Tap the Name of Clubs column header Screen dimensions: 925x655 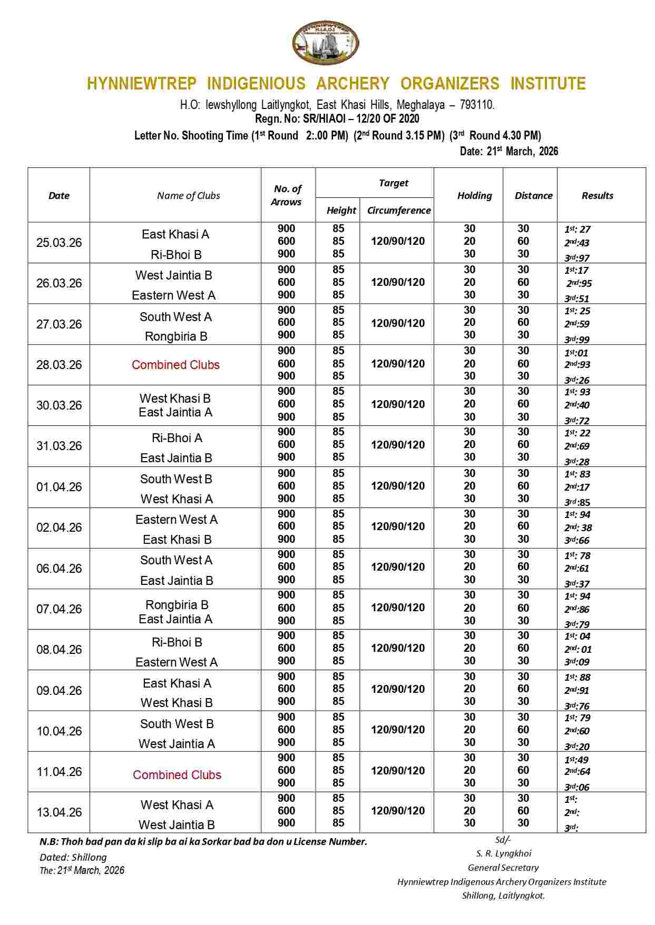pos(188,195)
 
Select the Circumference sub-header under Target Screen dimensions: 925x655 pos(398,210)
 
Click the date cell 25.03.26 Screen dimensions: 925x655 pos(59,243)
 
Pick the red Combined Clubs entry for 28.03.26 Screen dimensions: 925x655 pos(175,365)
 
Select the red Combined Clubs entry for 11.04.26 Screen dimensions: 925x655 pos(177,775)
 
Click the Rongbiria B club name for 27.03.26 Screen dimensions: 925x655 pos(176,336)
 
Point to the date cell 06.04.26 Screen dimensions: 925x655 pos(59,569)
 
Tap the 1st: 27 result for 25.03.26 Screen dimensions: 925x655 pos(578,229)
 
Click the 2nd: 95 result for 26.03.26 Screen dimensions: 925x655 pos(579,283)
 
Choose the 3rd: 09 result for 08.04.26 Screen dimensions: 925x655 pos(577,662)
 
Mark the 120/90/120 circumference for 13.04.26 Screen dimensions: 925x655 pos(398,811)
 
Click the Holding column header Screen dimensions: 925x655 pos(474,195)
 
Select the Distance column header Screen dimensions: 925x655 pos(533,195)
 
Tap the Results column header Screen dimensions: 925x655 pos(597,195)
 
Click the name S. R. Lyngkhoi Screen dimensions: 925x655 pos(503,853)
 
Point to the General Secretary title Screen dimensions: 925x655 pos(503,868)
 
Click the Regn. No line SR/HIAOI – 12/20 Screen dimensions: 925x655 pos(337,119)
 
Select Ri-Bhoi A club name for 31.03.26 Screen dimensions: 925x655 pos(177,438)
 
